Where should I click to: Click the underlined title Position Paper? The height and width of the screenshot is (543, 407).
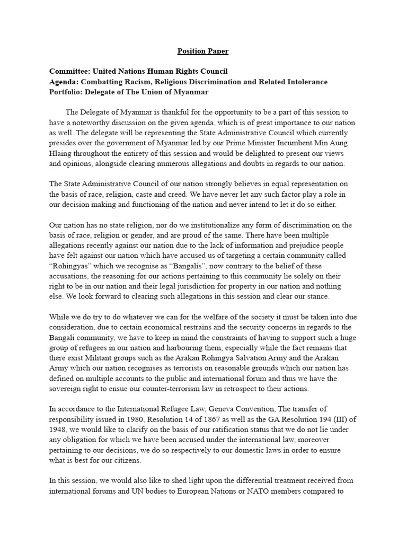click(x=203, y=51)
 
